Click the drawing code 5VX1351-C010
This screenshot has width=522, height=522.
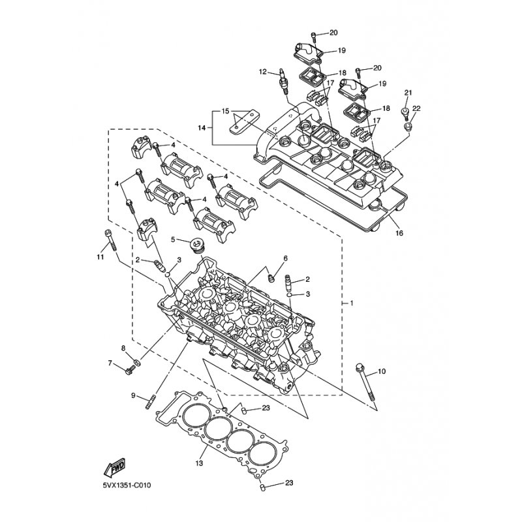(127, 485)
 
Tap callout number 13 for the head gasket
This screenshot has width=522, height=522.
(199, 463)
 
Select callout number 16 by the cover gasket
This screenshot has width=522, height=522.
(399, 233)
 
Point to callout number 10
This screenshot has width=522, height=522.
(382, 371)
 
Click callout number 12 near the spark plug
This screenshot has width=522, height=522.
(263, 72)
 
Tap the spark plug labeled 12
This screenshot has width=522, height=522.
(283, 81)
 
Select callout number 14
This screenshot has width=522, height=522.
(202, 127)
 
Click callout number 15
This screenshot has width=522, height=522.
(225, 111)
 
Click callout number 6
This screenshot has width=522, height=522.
(285, 258)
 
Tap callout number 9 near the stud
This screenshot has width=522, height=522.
(133, 395)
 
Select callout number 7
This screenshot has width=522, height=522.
(110, 363)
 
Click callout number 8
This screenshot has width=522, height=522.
(123, 348)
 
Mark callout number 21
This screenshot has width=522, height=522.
(408, 93)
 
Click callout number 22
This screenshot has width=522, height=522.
(416, 108)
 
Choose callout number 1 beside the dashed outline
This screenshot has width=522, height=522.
(352, 303)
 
